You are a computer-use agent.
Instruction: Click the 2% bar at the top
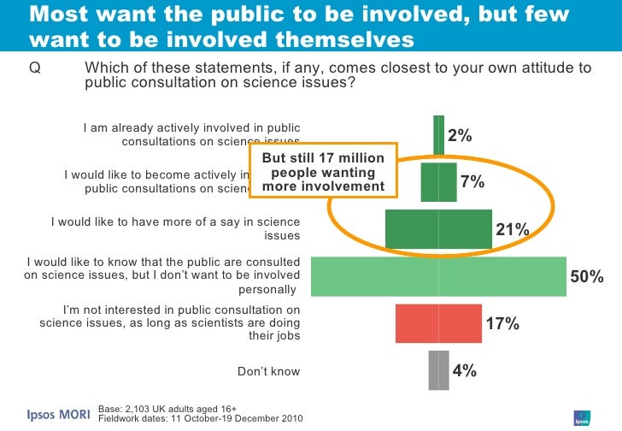439,135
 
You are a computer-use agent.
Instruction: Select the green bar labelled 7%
439,181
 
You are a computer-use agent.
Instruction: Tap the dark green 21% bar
439,229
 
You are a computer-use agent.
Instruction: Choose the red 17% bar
439,323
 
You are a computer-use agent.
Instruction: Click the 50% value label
588,277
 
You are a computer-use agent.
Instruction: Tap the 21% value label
513,230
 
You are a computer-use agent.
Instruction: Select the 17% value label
503,324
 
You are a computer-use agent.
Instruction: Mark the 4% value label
464,371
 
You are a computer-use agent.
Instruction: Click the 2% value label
460,136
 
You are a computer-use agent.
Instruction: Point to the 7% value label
472,182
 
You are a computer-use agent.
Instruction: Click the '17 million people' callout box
323,172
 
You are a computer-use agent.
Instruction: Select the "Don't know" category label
268,371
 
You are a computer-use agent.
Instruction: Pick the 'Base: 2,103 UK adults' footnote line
167,409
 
